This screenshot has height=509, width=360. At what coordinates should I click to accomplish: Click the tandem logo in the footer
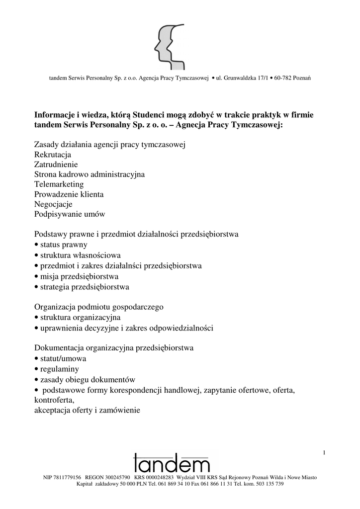[x=172, y=463]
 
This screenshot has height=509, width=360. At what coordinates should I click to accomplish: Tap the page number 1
[x=324, y=452]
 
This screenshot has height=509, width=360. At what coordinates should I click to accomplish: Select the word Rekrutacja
[x=53, y=154]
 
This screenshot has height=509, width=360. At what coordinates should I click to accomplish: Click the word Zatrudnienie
[x=56, y=164]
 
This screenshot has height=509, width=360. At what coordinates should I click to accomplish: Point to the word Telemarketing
[x=59, y=184]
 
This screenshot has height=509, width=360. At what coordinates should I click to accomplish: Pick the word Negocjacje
[x=53, y=204]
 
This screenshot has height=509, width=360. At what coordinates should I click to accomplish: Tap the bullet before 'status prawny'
[x=36, y=245]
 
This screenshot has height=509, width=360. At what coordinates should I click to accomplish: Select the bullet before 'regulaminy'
[x=36, y=369]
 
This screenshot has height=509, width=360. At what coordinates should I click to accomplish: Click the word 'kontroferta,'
[x=54, y=400]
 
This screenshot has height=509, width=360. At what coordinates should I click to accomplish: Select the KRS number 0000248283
[x=157, y=477]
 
